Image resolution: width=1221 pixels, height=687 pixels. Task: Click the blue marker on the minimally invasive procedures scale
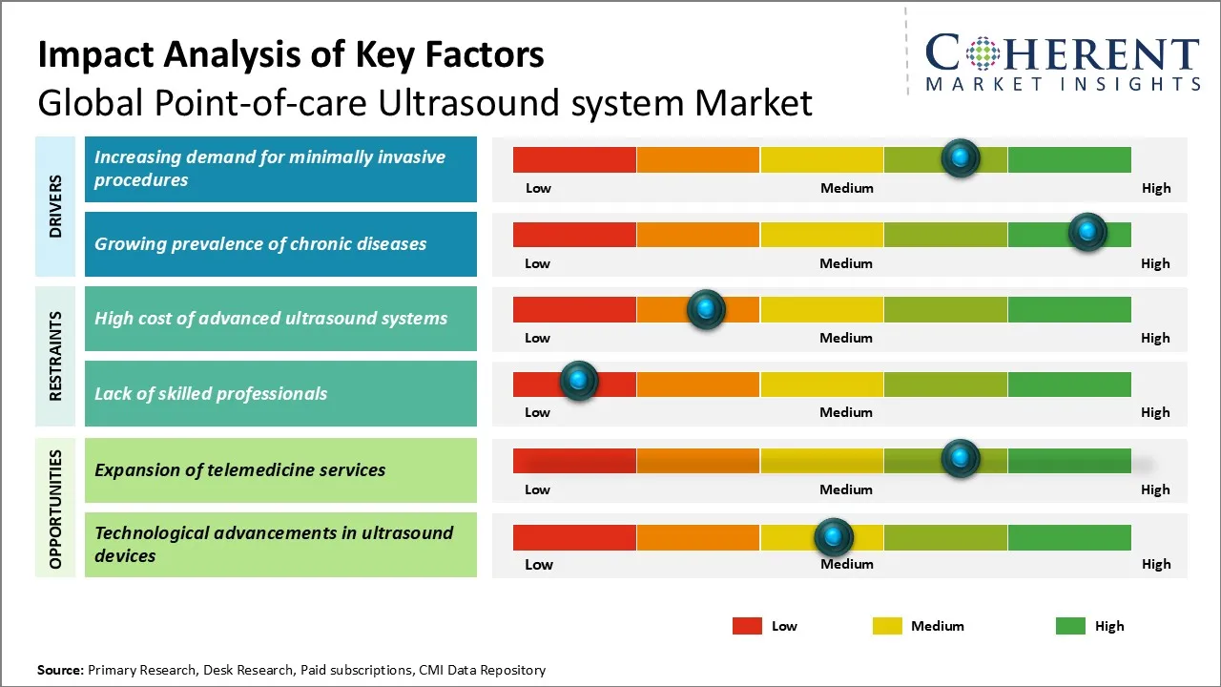[x=960, y=157]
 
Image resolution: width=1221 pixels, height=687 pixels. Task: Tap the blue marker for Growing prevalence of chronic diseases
[x=1086, y=232]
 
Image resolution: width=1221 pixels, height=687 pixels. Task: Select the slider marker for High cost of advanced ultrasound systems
[x=706, y=309]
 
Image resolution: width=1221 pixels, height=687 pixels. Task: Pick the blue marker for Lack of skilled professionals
[x=578, y=381]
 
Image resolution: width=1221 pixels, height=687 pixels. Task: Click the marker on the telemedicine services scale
[x=960, y=459]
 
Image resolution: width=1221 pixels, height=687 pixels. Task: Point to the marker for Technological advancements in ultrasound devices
[x=834, y=537]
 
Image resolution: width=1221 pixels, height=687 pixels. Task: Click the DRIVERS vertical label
[x=55, y=206]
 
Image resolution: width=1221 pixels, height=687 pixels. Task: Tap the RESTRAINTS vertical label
[x=55, y=356]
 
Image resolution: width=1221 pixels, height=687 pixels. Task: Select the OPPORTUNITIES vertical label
[x=55, y=509]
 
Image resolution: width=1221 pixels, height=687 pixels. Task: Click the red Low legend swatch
[x=747, y=626]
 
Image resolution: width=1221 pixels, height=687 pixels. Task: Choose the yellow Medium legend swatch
[x=887, y=626]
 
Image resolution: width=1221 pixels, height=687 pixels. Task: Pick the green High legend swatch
[x=1070, y=626]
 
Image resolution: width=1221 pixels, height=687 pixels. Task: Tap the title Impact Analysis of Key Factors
[x=291, y=55]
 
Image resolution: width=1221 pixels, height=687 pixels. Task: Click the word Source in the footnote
[x=60, y=670]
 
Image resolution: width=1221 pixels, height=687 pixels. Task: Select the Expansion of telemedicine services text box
[x=280, y=470]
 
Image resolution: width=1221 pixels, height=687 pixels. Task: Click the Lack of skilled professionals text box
[x=280, y=393]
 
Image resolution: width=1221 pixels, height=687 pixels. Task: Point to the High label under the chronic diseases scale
[x=1155, y=263]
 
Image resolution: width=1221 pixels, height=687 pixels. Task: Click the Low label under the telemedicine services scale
[x=537, y=489]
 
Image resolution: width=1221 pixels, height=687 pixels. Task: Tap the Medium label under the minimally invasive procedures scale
[x=846, y=188]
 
